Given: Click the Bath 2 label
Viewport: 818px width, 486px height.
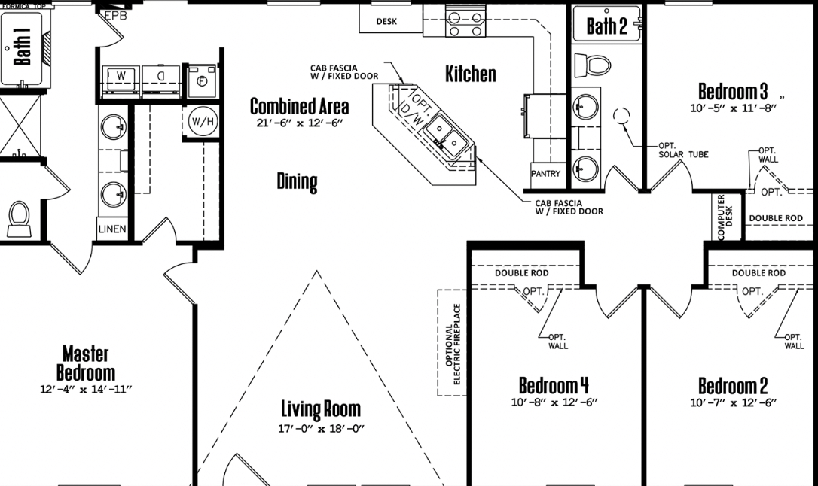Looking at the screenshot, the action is (606, 26).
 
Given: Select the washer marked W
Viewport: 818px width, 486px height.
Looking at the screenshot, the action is (121, 80).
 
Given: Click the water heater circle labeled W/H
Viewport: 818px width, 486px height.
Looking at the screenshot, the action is (203, 121).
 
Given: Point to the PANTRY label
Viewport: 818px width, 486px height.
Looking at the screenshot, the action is (545, 174).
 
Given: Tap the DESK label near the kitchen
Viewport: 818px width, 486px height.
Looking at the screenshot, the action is (386, 21).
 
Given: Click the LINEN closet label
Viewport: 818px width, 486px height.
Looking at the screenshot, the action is (112, 229).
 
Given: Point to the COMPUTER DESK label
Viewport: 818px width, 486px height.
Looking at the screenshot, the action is (725, 217).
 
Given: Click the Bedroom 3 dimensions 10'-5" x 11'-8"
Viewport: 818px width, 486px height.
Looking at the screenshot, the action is (734, 108).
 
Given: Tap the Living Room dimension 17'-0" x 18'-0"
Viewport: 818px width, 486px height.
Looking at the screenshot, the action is (321, 429).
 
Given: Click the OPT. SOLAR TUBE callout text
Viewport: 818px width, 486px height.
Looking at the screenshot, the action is (683, 150).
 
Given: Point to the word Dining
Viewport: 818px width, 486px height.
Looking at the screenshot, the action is (297, 182).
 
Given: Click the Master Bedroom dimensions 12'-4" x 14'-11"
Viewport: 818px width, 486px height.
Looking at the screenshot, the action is (86, 389).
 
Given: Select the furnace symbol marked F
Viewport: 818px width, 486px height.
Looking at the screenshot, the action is (202, 82).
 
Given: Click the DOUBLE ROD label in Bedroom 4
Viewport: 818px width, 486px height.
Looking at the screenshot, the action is (522, 273).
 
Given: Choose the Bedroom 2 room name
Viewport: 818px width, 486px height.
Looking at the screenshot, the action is (733, 386).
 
